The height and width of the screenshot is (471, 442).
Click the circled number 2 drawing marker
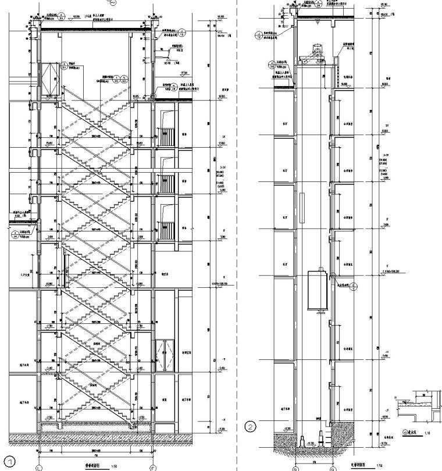(x=251, y=427)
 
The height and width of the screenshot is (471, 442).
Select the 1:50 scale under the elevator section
(x=379, y=466)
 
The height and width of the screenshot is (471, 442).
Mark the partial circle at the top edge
(x=113, y=2)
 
